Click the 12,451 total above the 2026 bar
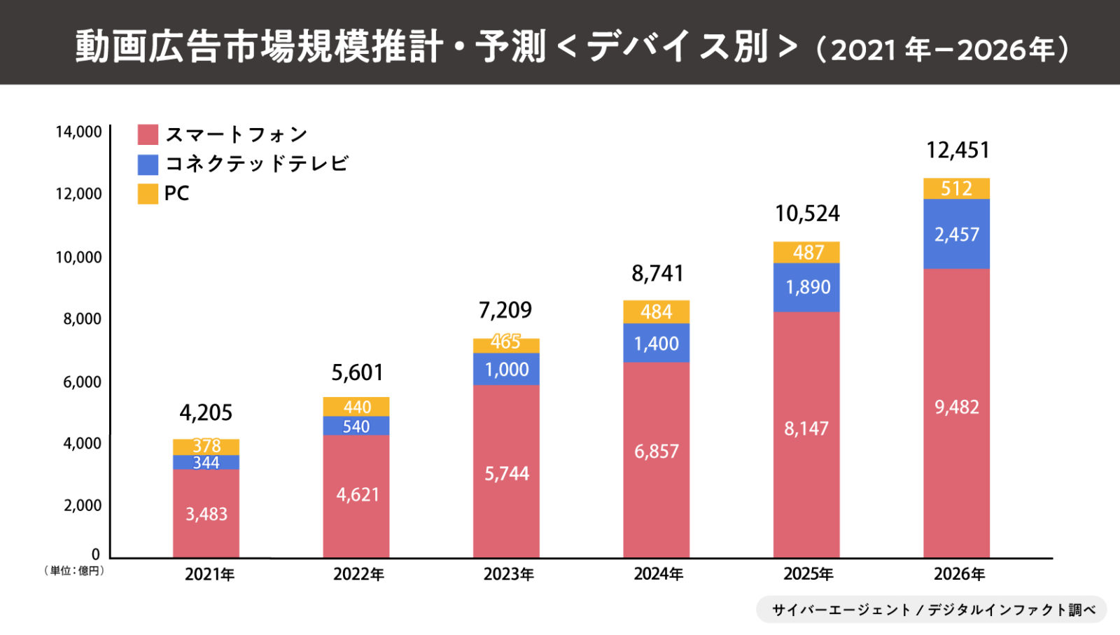pos(958,151)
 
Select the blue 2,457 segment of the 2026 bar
pos(956,235)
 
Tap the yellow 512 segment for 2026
pos(956,188)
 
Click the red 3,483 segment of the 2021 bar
pos(206,514)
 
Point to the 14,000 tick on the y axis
pos(78,132)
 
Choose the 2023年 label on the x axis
pos(508,575)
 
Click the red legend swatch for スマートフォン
pos(148,134)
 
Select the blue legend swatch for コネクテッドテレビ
pos(148,165)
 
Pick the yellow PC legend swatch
pos(148,194)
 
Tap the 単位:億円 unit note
pos(74,571)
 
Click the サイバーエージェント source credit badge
pos(932,610)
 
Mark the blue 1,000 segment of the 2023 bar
pos(506,370)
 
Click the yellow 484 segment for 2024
pos(656,312)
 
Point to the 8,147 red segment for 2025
pos(806,428)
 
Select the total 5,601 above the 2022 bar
pos(357,372)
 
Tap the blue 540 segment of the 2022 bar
pos(356,426)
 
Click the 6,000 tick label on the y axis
pos(82,382)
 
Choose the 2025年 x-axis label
pos(808,575)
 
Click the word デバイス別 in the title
pos(678,47)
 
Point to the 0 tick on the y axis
pos(95,554)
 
